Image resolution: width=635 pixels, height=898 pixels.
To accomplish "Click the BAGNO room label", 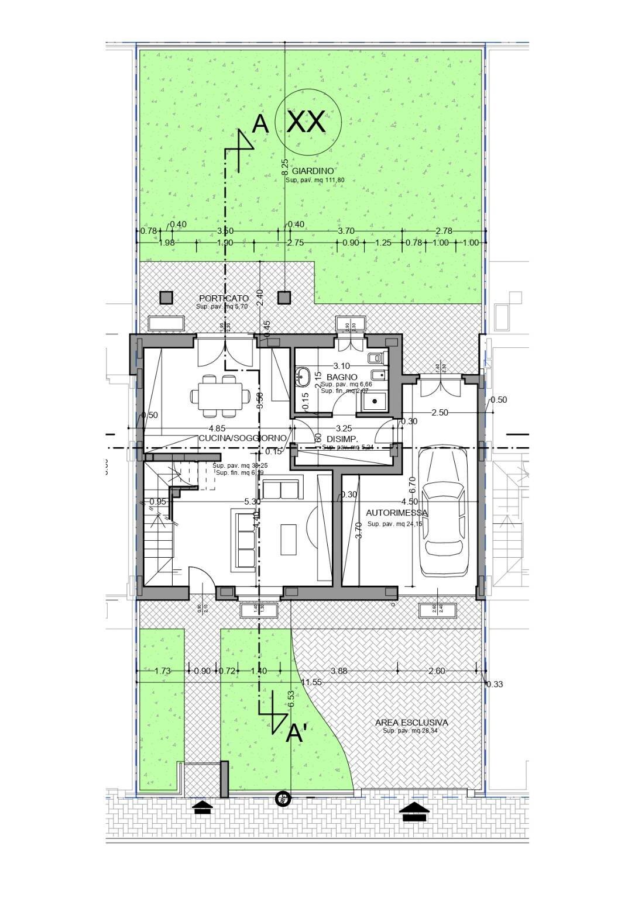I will pyautogui.click(x=342, y=377).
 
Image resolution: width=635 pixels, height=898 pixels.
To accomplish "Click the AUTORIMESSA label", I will pyautogui.click(x=397, y=513).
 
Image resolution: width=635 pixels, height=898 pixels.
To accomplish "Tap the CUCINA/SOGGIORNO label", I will pyautogui.click(x=242, y=438).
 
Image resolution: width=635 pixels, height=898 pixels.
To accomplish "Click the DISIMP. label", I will pyautogui.click(x=342, y=438).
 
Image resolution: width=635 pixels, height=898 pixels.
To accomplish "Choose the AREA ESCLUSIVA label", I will pyautogui.click(x=411, y=723).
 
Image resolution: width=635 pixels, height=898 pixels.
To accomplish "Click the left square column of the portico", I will pyautogui.click(x=166, y=298).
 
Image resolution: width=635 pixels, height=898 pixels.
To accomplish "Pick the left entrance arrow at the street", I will pyautogui.click(x=202, y=808).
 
